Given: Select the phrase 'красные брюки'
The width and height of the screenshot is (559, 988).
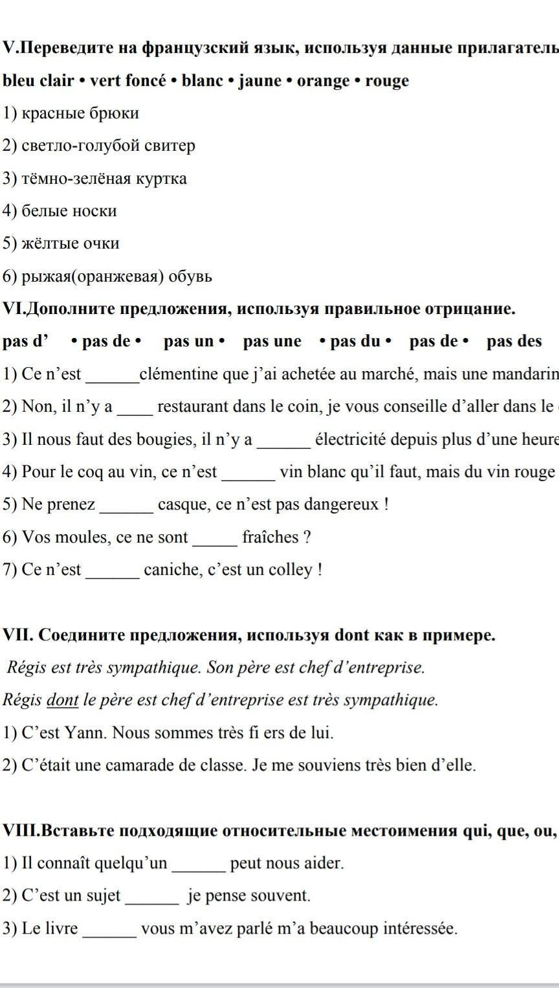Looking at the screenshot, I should (80, 113).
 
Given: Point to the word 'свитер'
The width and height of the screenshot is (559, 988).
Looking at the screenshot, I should (173, 146).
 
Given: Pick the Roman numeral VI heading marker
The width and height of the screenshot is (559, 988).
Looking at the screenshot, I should (13, 309).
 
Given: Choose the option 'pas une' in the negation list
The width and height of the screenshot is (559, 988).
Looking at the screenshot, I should (272, 341).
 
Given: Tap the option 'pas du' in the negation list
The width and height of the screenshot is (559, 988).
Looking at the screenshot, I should (355, 341).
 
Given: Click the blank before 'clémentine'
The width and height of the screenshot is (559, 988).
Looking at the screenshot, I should (113, 376).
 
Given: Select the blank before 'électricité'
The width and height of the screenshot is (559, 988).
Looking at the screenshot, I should (284, 441).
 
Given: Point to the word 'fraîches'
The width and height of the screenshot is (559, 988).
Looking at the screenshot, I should (270, 537).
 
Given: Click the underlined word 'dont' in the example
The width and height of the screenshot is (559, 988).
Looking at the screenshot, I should (63, 700).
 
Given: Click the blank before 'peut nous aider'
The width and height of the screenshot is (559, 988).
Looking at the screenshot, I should (199, 865).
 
